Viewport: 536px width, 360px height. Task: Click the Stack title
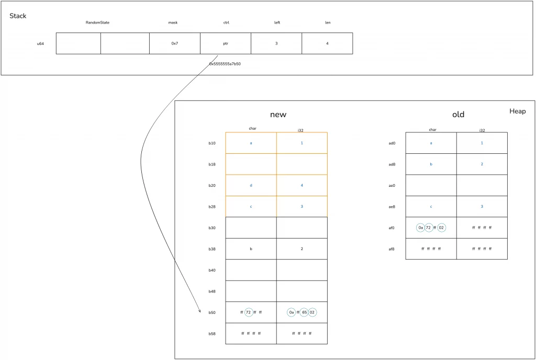[x=18, y=16]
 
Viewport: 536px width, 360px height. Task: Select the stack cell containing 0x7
[x=175, y=43]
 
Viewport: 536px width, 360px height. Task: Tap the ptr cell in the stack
[x=226, y=43]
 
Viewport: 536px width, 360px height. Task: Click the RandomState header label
[x=97, y=22]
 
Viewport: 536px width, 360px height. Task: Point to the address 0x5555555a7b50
[x=225, y=64]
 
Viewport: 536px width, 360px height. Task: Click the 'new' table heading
[x=278, y=115]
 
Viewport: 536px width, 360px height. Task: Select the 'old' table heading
[x=458, y=115]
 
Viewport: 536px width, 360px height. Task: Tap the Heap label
[x=517, y=111]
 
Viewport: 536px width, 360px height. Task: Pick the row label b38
[x=212, y=249]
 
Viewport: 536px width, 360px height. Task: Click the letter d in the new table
[x=251, y=185]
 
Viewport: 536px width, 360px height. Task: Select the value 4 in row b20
[x=302, y=185]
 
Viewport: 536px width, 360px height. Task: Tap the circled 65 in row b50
[x=305, y=312]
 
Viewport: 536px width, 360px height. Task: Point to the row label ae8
[x=392, y=207]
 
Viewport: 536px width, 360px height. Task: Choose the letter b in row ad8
[x=431, y=164]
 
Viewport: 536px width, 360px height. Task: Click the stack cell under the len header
[x=327, y=43]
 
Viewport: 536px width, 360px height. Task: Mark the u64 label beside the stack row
[x=40, y=44]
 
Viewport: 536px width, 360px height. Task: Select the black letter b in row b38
[x=251, y=249]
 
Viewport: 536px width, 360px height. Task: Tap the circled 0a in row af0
[x=420, y=228]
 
